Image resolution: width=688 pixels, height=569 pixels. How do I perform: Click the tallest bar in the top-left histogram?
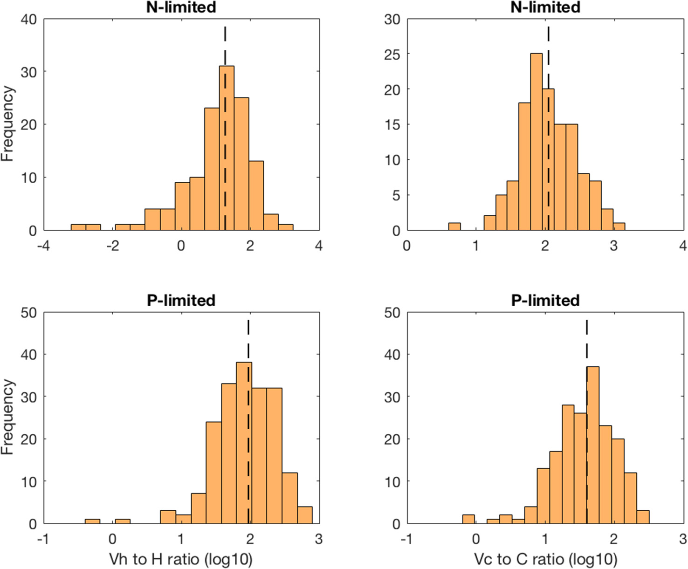coord(227,149)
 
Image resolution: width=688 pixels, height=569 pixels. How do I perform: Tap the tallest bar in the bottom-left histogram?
coord(244,443)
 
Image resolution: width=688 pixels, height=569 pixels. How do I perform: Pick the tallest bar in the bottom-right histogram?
coord(593,445)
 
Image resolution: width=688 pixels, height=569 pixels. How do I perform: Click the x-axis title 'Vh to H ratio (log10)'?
coord(181,559)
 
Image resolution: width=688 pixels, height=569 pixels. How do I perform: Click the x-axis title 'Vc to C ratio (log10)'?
coord(545,559)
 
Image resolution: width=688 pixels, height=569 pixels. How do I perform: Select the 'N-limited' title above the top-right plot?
coord(545,7)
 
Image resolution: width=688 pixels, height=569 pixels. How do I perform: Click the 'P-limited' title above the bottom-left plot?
coord(181,300)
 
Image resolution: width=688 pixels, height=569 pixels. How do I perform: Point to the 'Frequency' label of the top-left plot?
coord(7,124)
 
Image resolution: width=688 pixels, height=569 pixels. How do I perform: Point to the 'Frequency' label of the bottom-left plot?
coord(7,417)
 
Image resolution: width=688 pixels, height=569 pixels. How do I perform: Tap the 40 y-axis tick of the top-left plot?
coord(29,19)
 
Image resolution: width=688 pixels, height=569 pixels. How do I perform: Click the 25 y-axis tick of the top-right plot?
coord(392,55)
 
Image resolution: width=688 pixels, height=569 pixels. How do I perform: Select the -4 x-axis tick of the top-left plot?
coord(43,246)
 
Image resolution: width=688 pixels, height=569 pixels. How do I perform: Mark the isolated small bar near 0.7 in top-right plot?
coord(454,227)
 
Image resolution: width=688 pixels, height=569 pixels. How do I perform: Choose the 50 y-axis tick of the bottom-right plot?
coord(392,313)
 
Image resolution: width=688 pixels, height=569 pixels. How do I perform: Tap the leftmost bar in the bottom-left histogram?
coord(92,521)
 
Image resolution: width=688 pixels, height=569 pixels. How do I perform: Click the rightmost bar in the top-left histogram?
coord(286,227)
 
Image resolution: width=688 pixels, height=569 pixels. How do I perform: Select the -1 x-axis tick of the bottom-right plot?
coord(406,539)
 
